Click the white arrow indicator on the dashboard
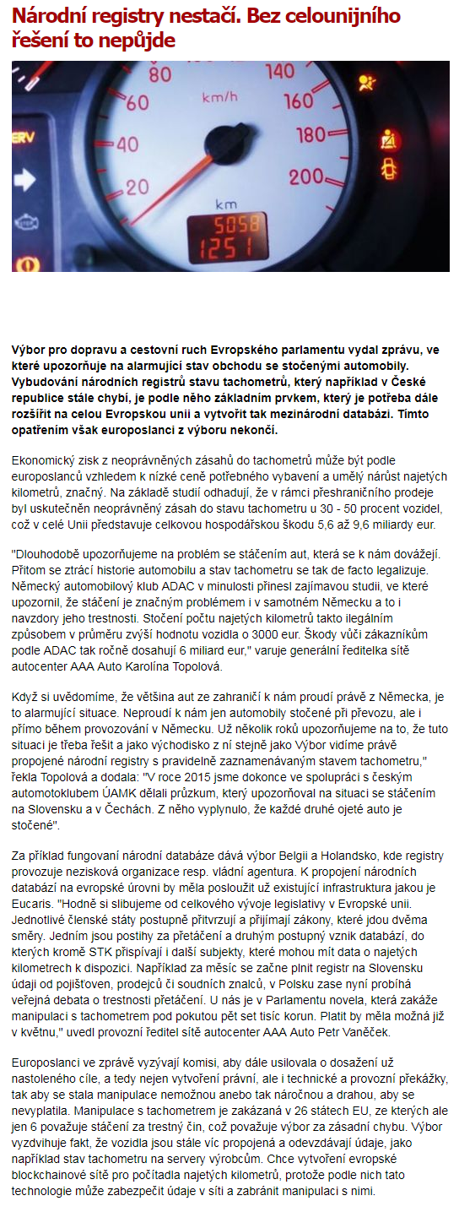pos(24,178)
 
